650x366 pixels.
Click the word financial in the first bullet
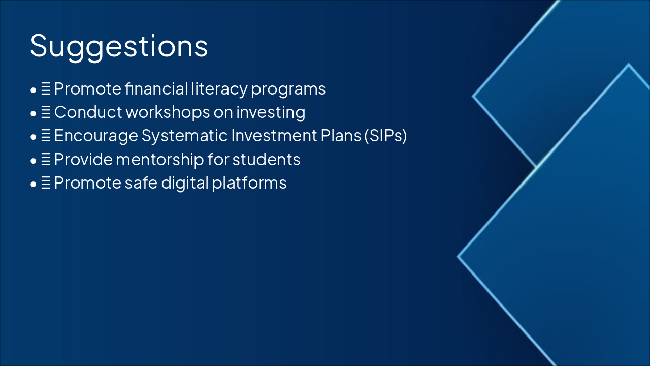pos(156,89)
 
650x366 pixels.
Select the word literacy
pos(220,89)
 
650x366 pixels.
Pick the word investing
pos(271,113)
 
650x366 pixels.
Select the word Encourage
pos(96,136)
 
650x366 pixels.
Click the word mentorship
pos(160,160)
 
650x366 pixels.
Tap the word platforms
pos(249,183)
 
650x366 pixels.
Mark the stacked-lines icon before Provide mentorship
pos(46,160)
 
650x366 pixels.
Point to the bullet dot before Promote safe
pos(34,184)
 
